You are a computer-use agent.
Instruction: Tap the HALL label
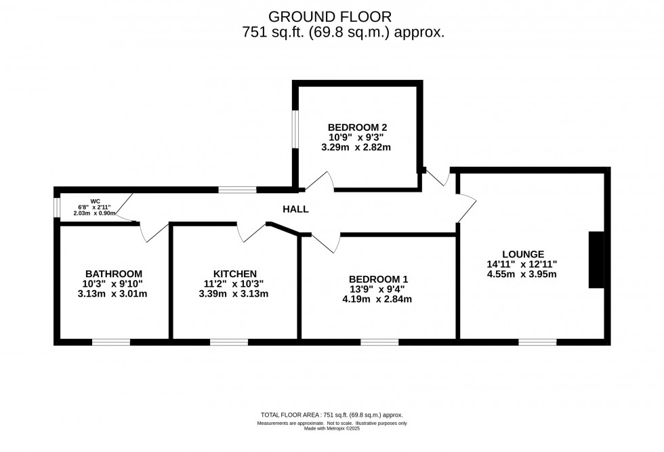point(295,209)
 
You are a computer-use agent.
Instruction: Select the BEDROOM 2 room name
point(357,127)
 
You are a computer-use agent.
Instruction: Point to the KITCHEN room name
point(234,274)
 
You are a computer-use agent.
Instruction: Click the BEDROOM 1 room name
point(378,279)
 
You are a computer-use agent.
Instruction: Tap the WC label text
point(95,201)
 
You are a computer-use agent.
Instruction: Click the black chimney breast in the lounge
point(596,260)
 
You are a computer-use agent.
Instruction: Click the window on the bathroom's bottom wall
point(111,342)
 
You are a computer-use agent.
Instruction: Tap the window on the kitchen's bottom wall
point(229,342)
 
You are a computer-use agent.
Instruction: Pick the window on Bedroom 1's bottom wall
point(379,342)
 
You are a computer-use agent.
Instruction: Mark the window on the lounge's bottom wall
point(537,342)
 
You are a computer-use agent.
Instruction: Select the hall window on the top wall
point(237,190)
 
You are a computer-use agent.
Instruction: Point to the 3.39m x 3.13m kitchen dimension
point(234,294)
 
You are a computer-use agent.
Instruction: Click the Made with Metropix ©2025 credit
point(331,429)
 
